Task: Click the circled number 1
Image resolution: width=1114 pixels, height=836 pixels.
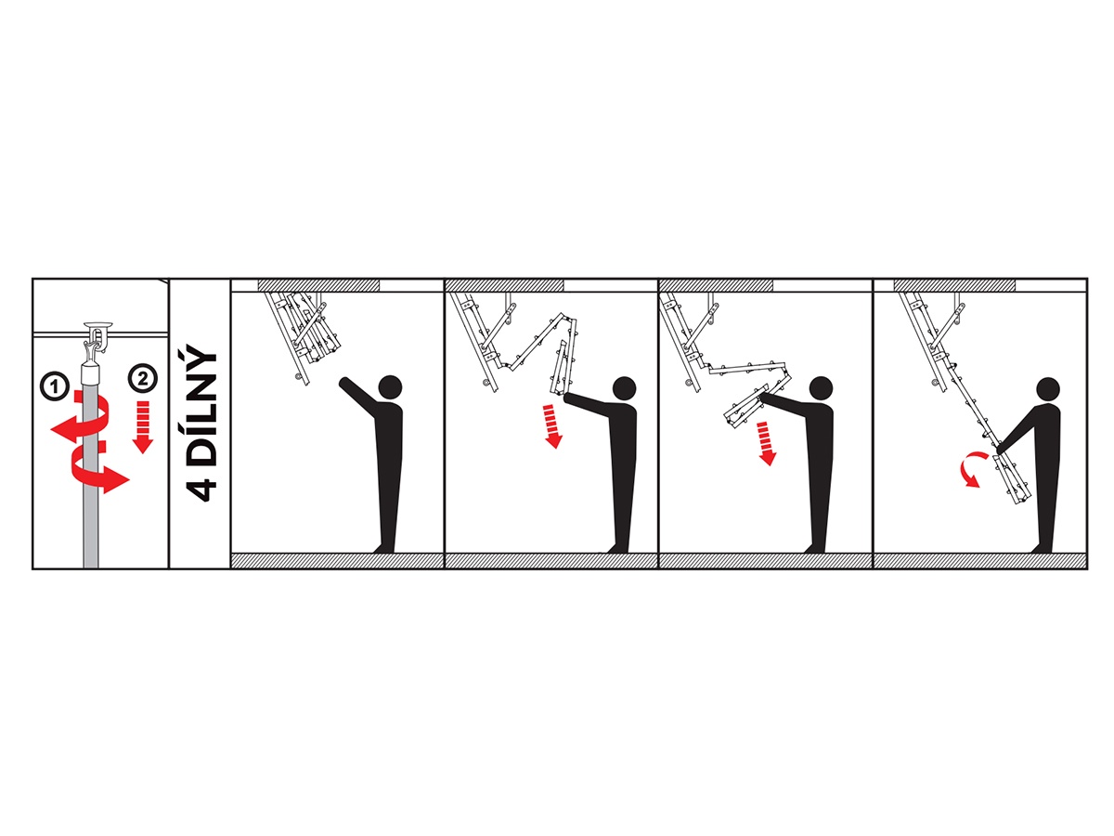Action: [55, 387]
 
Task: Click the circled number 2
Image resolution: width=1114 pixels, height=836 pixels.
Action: [144, 379]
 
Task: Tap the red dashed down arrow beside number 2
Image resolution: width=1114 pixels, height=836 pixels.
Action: [144, 426]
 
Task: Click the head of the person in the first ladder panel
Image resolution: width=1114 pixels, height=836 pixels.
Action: [390, 388]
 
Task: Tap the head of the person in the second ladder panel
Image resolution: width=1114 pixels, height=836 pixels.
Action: [624, 388]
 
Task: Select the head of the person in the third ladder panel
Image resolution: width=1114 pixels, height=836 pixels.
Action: [822, 389]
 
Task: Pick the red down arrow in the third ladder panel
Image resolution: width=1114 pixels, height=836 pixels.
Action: [767, 443]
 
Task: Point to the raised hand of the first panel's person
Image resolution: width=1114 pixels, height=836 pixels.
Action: [343, 381]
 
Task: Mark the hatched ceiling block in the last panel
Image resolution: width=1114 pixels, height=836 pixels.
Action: [955, 285]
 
